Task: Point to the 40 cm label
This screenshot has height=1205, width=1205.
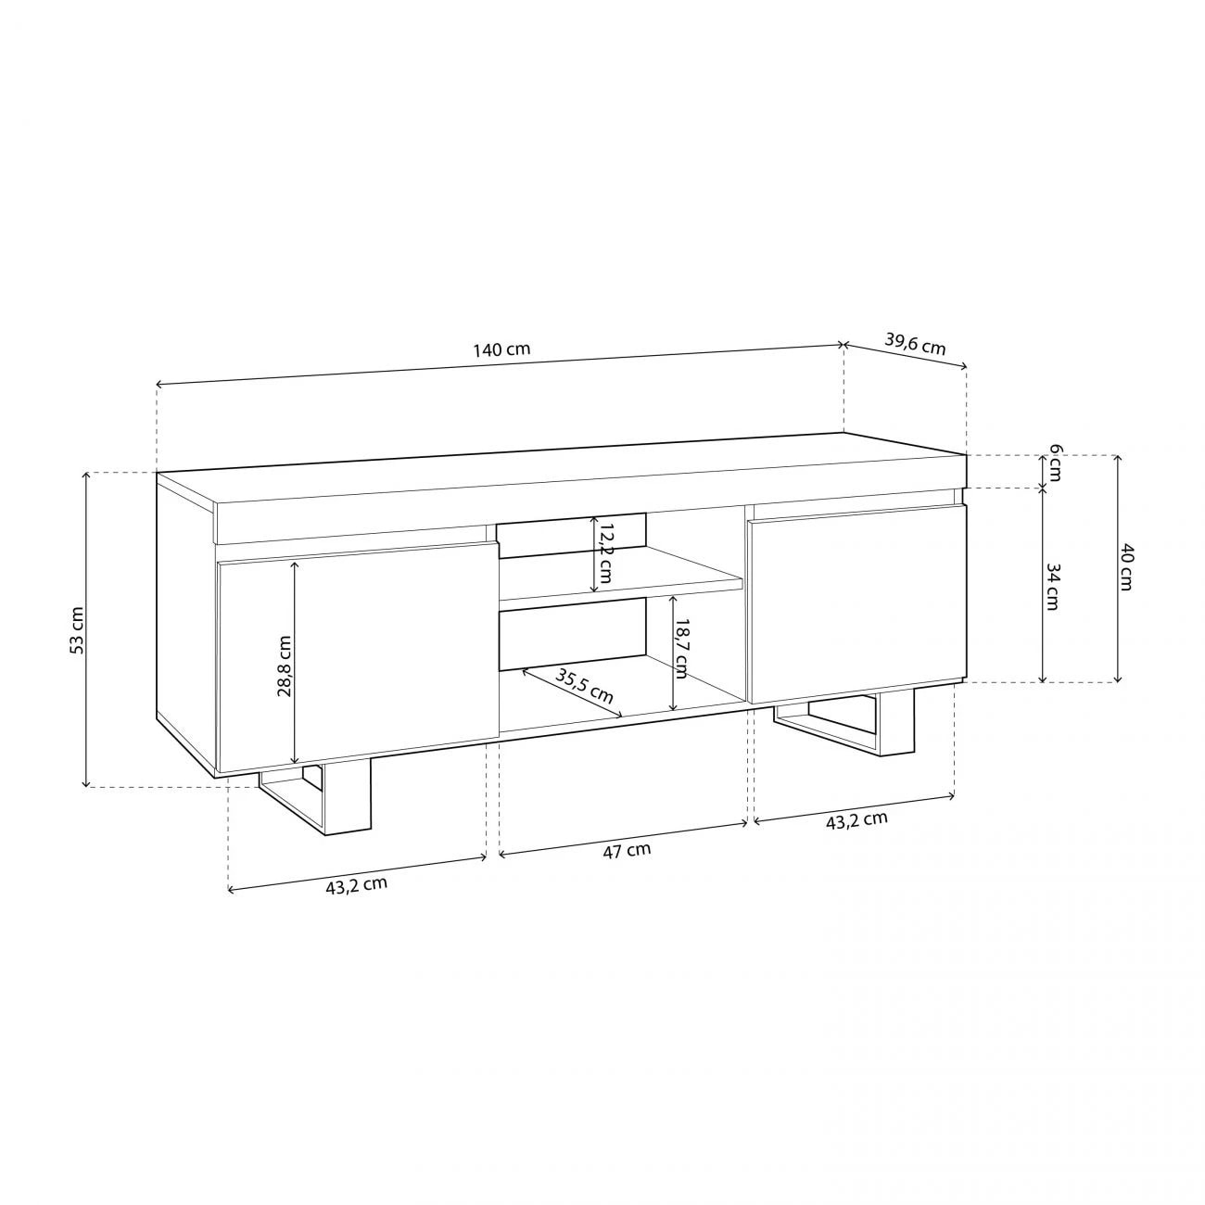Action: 1126,566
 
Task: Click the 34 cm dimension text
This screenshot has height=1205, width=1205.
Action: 1051,586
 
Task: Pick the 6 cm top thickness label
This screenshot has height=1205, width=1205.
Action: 1054,465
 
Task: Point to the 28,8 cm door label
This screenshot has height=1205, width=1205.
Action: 285,665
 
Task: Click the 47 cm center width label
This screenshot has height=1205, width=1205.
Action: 627,850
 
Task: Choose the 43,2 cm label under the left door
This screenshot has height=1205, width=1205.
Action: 356,885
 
